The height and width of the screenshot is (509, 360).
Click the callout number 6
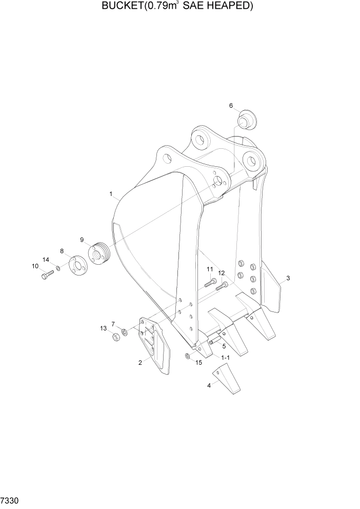click(231, 106)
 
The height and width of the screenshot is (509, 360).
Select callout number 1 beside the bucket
click(111, 194)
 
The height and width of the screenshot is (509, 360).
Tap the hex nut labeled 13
click(115, 337)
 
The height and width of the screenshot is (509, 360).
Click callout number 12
click(222, 273)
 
